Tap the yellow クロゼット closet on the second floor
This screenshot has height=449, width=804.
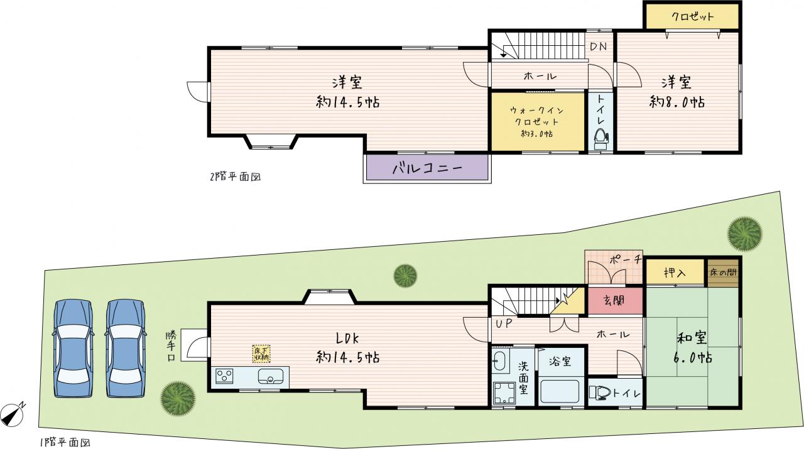[x=692, y=16]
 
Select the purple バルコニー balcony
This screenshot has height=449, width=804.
[x=427, y=167]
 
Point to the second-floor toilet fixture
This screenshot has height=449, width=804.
[x=601, y=139]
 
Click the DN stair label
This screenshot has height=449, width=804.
[x=599, y=46]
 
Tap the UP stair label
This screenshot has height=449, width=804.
[x=504, y=323]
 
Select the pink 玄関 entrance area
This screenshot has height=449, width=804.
[x=615, y=301]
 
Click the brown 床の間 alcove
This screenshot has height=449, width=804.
[x=723, y=273]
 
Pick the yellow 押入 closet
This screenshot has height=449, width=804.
[x=675, y=273]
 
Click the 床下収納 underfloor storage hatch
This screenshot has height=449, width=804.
[x=261, y=354]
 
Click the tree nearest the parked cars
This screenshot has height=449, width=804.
[x=178, y=399]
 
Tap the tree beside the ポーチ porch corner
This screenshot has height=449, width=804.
[x=405, y=276]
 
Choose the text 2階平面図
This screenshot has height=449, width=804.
[x=235, y=177]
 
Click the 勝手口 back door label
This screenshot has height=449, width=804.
[x=171, y=346]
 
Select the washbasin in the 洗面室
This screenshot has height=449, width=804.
[x=501, y=361]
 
